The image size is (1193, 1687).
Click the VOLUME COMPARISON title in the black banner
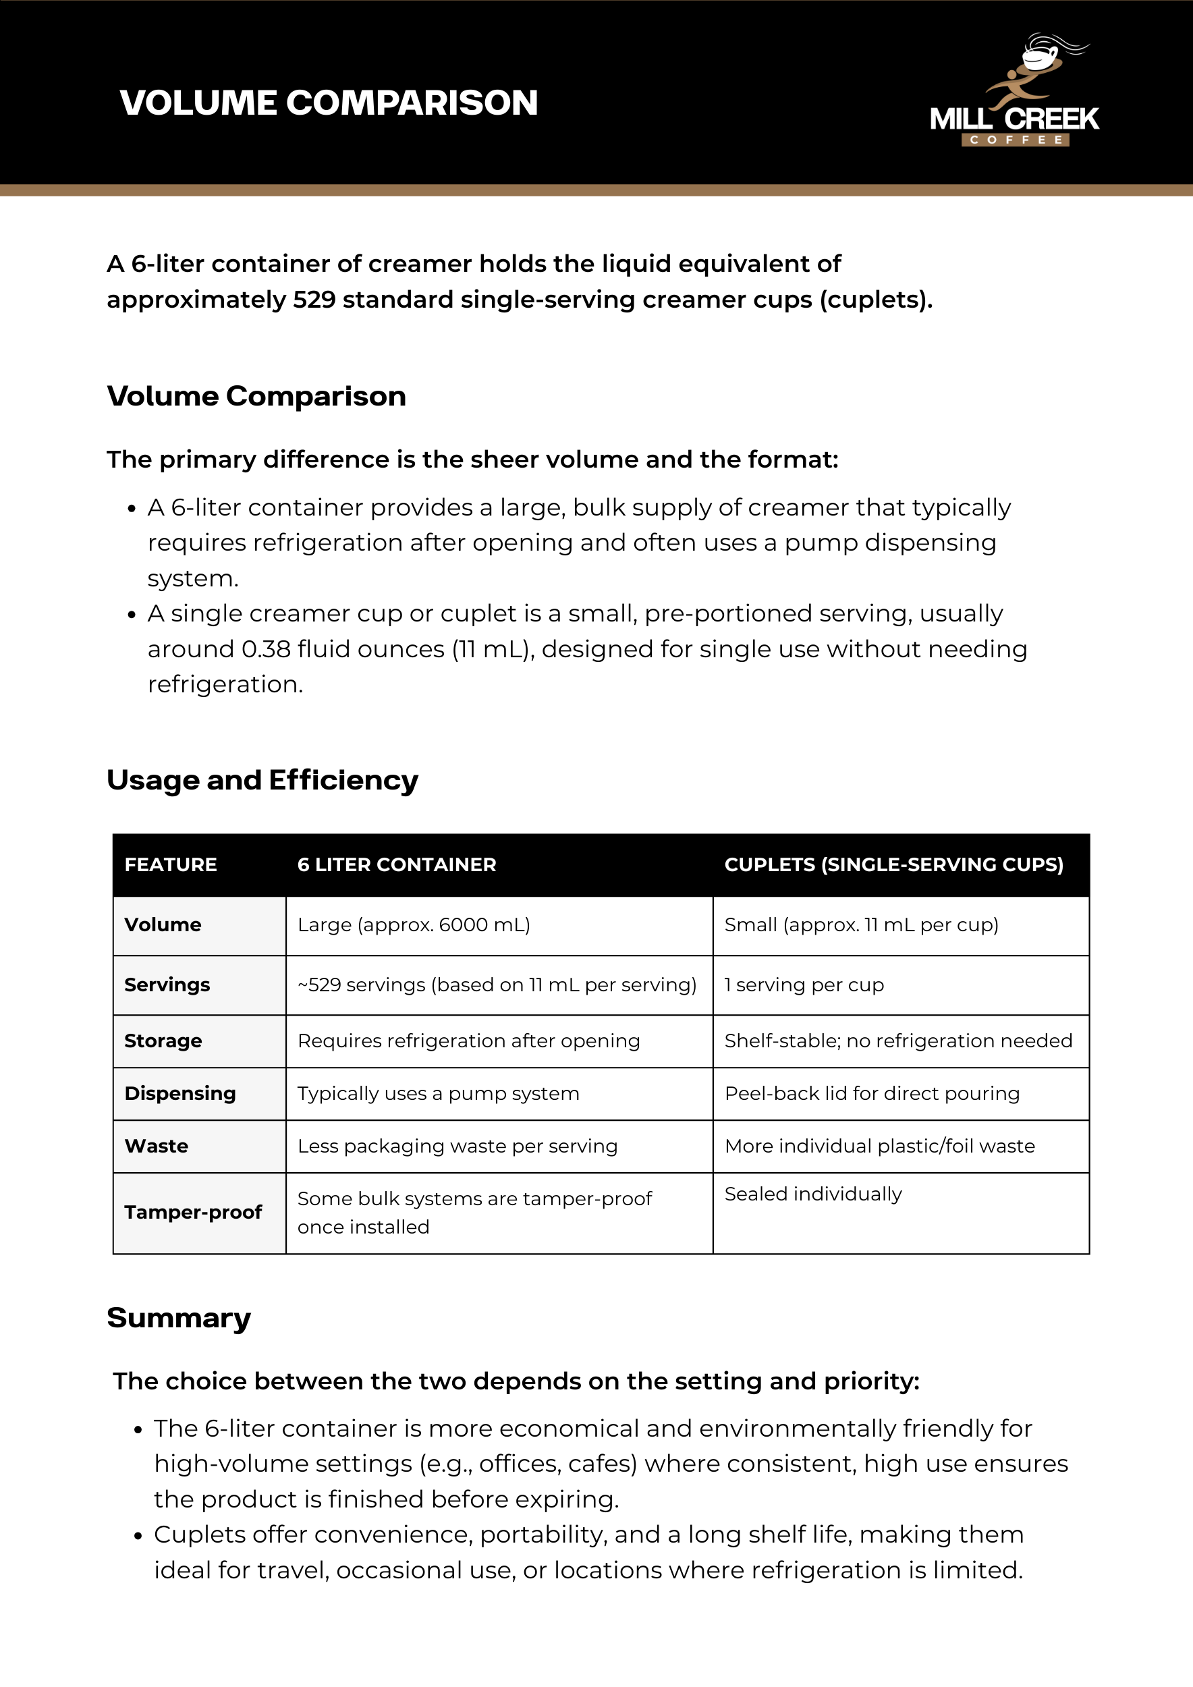(x=329, y=103)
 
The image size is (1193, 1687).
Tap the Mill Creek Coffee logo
(x=1014, y=92)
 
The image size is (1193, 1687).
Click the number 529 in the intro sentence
(x=314, y=300)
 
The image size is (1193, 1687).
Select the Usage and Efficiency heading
(x=262, y=780)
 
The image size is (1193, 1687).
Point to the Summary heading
(x=179, y=1318)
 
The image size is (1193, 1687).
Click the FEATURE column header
(x=171, y=865)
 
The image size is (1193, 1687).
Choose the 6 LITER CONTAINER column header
(x=397, y=865)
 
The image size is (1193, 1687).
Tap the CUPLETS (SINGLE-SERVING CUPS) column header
(x=893, y=865)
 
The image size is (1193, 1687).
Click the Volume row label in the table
(x=163, y=925)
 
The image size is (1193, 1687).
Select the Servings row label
(x=167, y=985)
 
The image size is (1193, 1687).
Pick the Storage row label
(x=163, y=1041)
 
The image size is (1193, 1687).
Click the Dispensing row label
(x=180, y=1094)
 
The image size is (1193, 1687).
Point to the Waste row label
(x=156, y=1146)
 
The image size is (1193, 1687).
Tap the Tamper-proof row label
(x=192, y=1213)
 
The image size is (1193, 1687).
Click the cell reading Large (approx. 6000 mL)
(x=414, y=925)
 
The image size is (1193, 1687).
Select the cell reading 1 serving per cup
(x=804, y=985)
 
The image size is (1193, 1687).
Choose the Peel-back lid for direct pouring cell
(x=872, y=1094)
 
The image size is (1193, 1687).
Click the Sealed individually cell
(x=812, y=1194)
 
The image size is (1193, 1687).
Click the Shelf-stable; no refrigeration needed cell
(x=897, y=1041)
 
